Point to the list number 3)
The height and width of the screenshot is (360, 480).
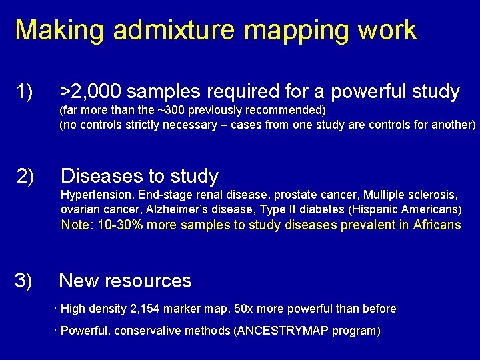(24, 281)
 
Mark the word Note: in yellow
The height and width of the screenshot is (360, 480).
(77, 225)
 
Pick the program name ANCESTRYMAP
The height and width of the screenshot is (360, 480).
(289, 331)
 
